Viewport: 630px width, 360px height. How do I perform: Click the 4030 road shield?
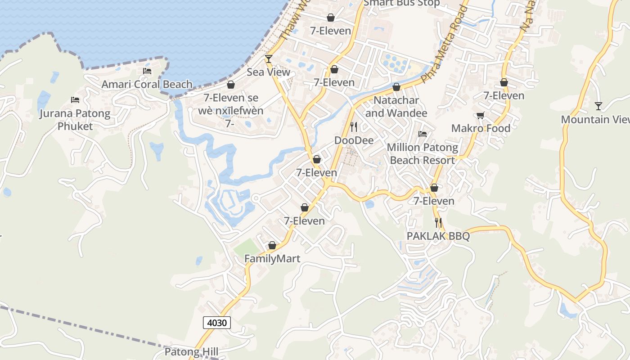click(217, 322)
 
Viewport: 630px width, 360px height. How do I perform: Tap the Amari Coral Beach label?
click(147, 84)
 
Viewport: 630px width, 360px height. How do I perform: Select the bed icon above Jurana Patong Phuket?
click(75, 99)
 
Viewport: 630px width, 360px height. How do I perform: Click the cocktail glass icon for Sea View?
click(269, 58)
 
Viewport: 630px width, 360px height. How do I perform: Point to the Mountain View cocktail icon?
click(598, 106)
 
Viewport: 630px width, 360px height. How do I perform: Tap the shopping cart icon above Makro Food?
click(481, 115)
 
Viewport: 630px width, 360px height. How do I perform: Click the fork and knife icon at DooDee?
click(354, 127)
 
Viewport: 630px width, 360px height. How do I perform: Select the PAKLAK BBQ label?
click(438, 236)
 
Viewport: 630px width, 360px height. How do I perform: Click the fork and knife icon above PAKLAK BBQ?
click(438, 222)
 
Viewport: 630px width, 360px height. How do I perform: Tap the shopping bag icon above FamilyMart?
click(272, 245)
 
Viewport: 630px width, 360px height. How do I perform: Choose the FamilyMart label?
click(272, 259)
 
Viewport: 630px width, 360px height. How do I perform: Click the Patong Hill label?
click(191, 352)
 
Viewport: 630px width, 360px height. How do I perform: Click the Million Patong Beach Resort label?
click(422, 154)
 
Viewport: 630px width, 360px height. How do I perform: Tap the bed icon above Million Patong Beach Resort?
click(422, 134)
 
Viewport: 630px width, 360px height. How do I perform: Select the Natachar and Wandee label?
click(396, 107)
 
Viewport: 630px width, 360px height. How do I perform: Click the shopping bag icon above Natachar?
click(396, 87)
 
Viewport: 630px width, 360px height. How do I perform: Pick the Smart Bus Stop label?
click(401, 3)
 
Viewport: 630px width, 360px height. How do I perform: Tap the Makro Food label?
click(481, 128)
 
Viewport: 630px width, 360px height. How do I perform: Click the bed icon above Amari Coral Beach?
click(147, 71)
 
